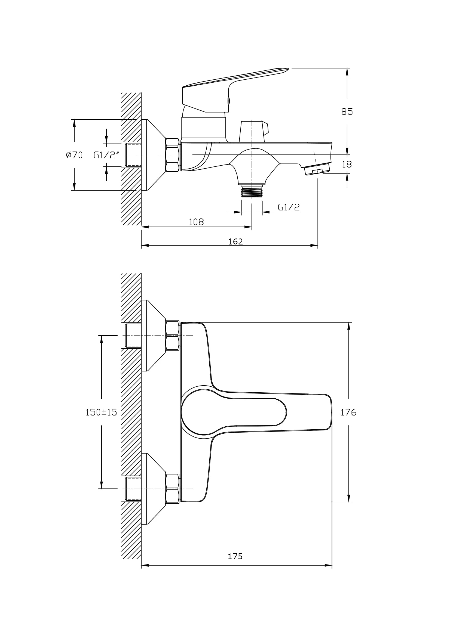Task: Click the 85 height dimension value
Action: pos(347,112)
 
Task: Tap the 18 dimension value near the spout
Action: pos(347,165)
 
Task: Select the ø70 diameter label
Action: pos(74,155)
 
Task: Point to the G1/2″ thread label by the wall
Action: pos(106,155)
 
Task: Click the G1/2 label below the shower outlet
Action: pos(289,207)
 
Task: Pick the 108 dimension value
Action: pos(196,222)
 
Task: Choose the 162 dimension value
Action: pos(235,241)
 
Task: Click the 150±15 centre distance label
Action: pos(101,420)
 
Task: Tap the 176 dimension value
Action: pos(348,420)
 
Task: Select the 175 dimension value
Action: pos(235,556)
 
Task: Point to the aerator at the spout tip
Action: pos(317,169)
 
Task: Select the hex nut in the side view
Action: pos(172,155)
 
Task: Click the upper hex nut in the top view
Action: pos(172,336)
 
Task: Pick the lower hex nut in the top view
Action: pos(172,489)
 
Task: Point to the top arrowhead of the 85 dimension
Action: pos(347,72)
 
